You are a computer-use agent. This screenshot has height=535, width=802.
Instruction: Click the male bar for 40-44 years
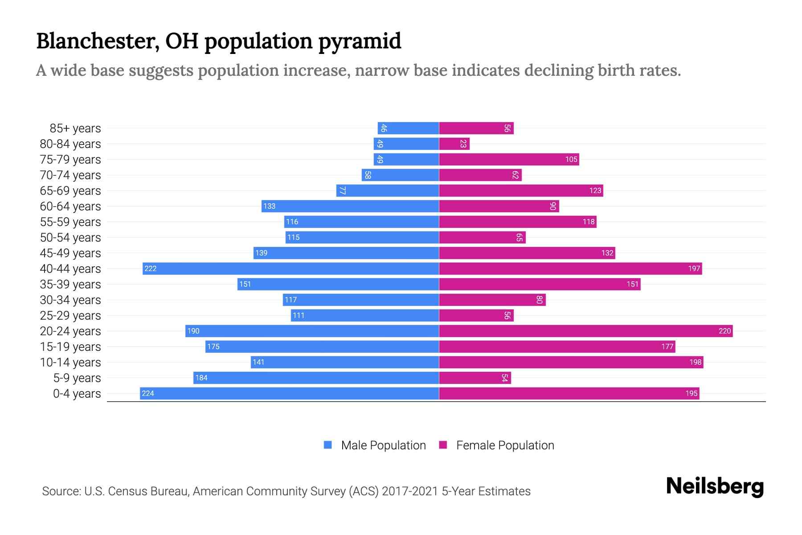pos(291,268)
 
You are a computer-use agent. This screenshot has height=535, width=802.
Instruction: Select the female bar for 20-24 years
pos(585,331)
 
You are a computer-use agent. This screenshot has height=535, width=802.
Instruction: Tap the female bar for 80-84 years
pos(454,144)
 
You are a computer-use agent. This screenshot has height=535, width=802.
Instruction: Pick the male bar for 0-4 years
pos(289,393)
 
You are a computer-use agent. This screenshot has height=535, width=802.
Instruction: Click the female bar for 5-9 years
pos(475,378)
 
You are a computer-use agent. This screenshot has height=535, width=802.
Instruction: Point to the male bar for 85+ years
pos(408,128)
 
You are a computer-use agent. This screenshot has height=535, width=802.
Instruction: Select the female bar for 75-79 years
pos(509,159)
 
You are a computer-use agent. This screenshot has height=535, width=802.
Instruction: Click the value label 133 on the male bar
pos(269,206)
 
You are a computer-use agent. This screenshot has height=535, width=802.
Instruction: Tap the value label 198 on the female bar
pos(695,362)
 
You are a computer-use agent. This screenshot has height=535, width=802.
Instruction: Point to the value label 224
pos(147,393)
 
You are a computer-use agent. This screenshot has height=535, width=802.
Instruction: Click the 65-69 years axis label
pos(70,190)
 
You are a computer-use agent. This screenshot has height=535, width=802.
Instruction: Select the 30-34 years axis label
pos(70,300)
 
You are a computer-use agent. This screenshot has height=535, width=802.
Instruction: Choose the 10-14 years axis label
pos(70,362)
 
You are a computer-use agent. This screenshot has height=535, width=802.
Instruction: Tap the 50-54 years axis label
pos(70,237)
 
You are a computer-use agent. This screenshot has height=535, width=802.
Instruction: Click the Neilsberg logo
pos(715,486)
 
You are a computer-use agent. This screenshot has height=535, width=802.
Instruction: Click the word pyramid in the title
pos(360,41)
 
